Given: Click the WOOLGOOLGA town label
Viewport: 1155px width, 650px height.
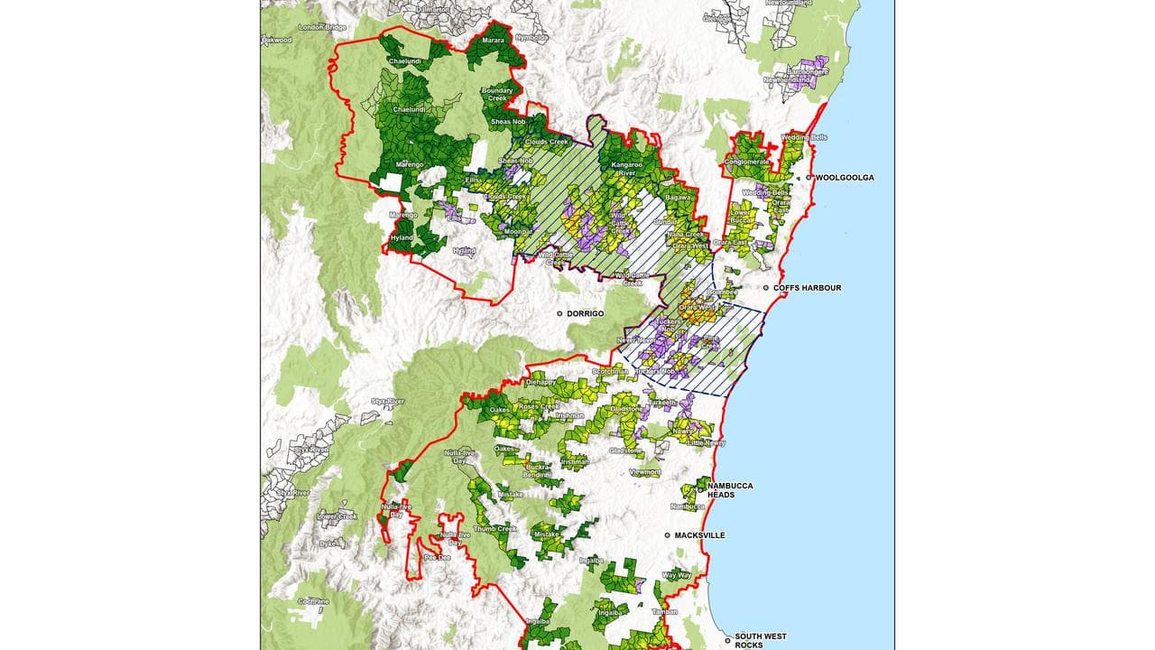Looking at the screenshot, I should (x=845, y=178).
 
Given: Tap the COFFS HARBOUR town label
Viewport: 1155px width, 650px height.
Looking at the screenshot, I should (x=807, y=288).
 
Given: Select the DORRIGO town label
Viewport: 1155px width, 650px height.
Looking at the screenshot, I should (x=584, y=313).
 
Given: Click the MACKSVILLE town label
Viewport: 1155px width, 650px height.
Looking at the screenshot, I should (x=699, y=535).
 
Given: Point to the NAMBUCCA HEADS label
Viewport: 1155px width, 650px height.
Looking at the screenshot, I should (x=730, y=490).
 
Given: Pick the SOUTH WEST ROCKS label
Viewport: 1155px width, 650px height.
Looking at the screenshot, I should (x=761, y=640).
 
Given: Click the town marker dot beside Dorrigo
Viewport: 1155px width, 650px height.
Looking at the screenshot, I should (x=559, y=313).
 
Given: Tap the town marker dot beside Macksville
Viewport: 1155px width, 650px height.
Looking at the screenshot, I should (x=668, y=535).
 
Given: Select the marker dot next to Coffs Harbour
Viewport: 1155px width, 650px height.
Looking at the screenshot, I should (x=766, y=288).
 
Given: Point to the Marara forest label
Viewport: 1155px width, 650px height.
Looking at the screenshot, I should (x=493, y=41).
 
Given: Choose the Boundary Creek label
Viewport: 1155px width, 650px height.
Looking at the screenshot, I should (x=497, y=94).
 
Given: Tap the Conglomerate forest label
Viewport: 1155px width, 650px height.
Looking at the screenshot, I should (x=746, y=162).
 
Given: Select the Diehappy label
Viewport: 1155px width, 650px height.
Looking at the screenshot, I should (x=541, y=382).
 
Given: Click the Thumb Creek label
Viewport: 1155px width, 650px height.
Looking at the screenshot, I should (x=494, y=529).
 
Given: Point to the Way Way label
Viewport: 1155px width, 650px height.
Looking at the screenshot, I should (x=677, y=575).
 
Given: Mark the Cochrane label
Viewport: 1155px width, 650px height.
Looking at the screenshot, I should (x=313, y=601).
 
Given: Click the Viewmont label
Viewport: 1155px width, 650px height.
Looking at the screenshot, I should (x=645, y=472).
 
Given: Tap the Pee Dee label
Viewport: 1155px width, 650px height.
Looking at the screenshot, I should (x=437, y=558).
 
